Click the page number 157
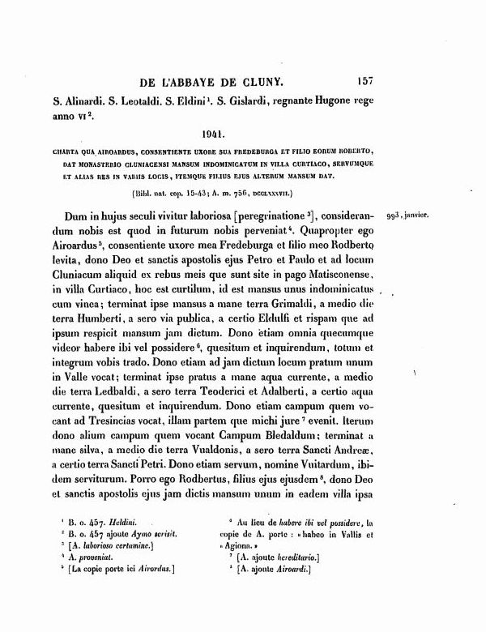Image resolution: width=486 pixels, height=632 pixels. pyautogui.click(x=363, y=81)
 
